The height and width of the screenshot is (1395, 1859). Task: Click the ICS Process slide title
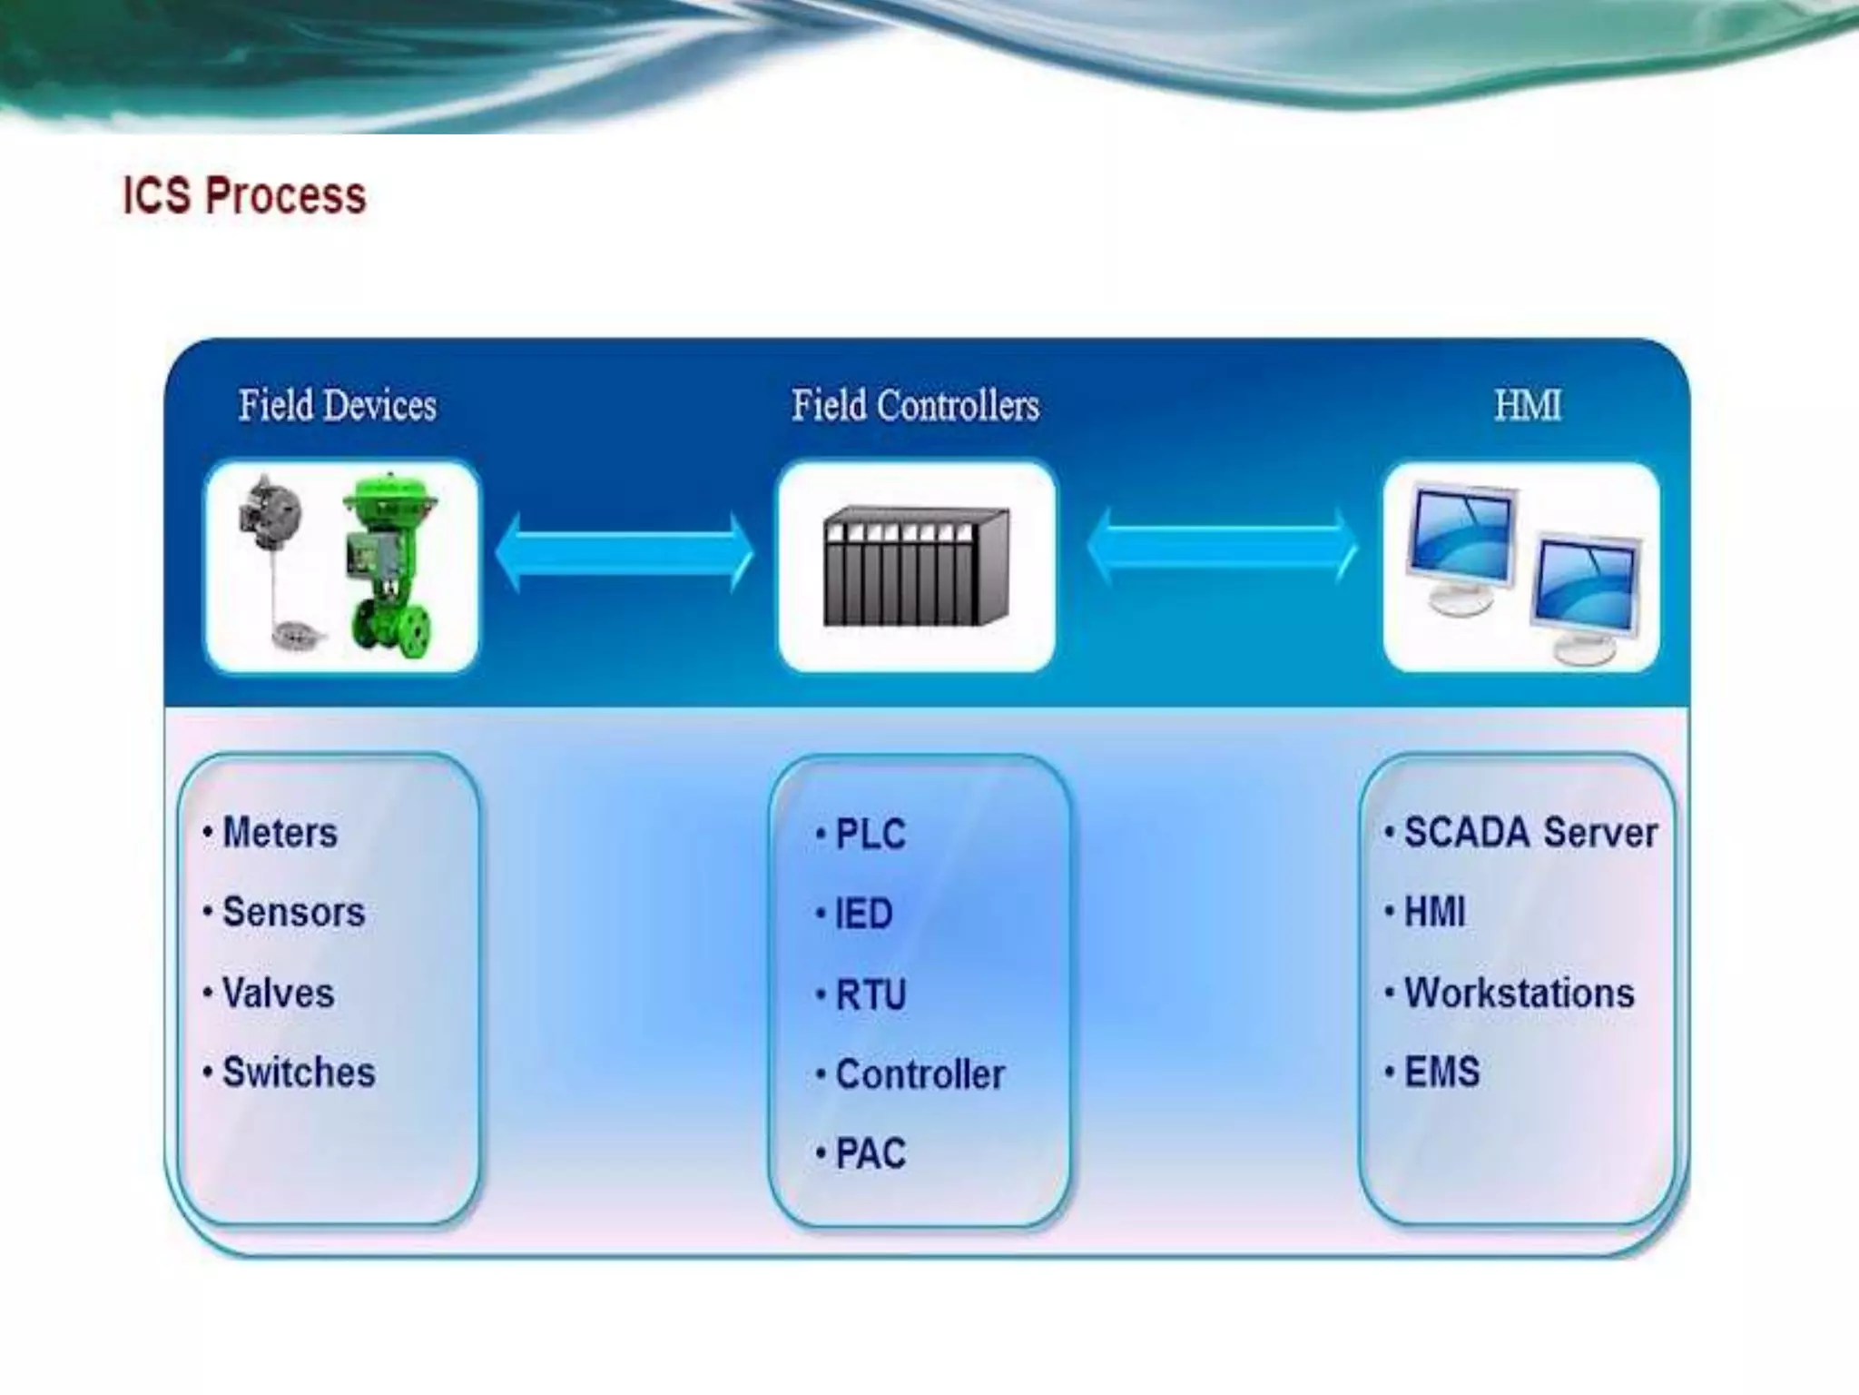tap(244, 195)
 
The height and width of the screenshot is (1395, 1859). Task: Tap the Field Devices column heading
tap(338, 405)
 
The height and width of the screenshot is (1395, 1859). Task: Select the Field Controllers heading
tap(915, 405)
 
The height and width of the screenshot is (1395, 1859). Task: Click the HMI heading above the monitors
tap(1528, 405)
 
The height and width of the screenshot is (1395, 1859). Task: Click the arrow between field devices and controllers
tap(625, 552)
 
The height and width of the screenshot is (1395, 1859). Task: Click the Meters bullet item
tap(280, 833)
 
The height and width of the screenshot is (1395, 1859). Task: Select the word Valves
tap(278, 993)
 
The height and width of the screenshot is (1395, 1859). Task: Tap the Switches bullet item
tap(298, 1073)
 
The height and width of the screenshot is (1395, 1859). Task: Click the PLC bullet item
tap(870, 835)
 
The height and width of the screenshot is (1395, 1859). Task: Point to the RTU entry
tap(870, 994)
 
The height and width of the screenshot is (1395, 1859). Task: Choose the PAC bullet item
tap(870, 1153)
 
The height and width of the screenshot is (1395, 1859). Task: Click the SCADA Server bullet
tap(1529, 833)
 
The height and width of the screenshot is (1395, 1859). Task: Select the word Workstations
tap(1519, 993)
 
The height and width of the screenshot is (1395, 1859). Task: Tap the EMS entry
tap(1441, 1072)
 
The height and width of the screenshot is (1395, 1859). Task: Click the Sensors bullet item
tap(292, 912)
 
